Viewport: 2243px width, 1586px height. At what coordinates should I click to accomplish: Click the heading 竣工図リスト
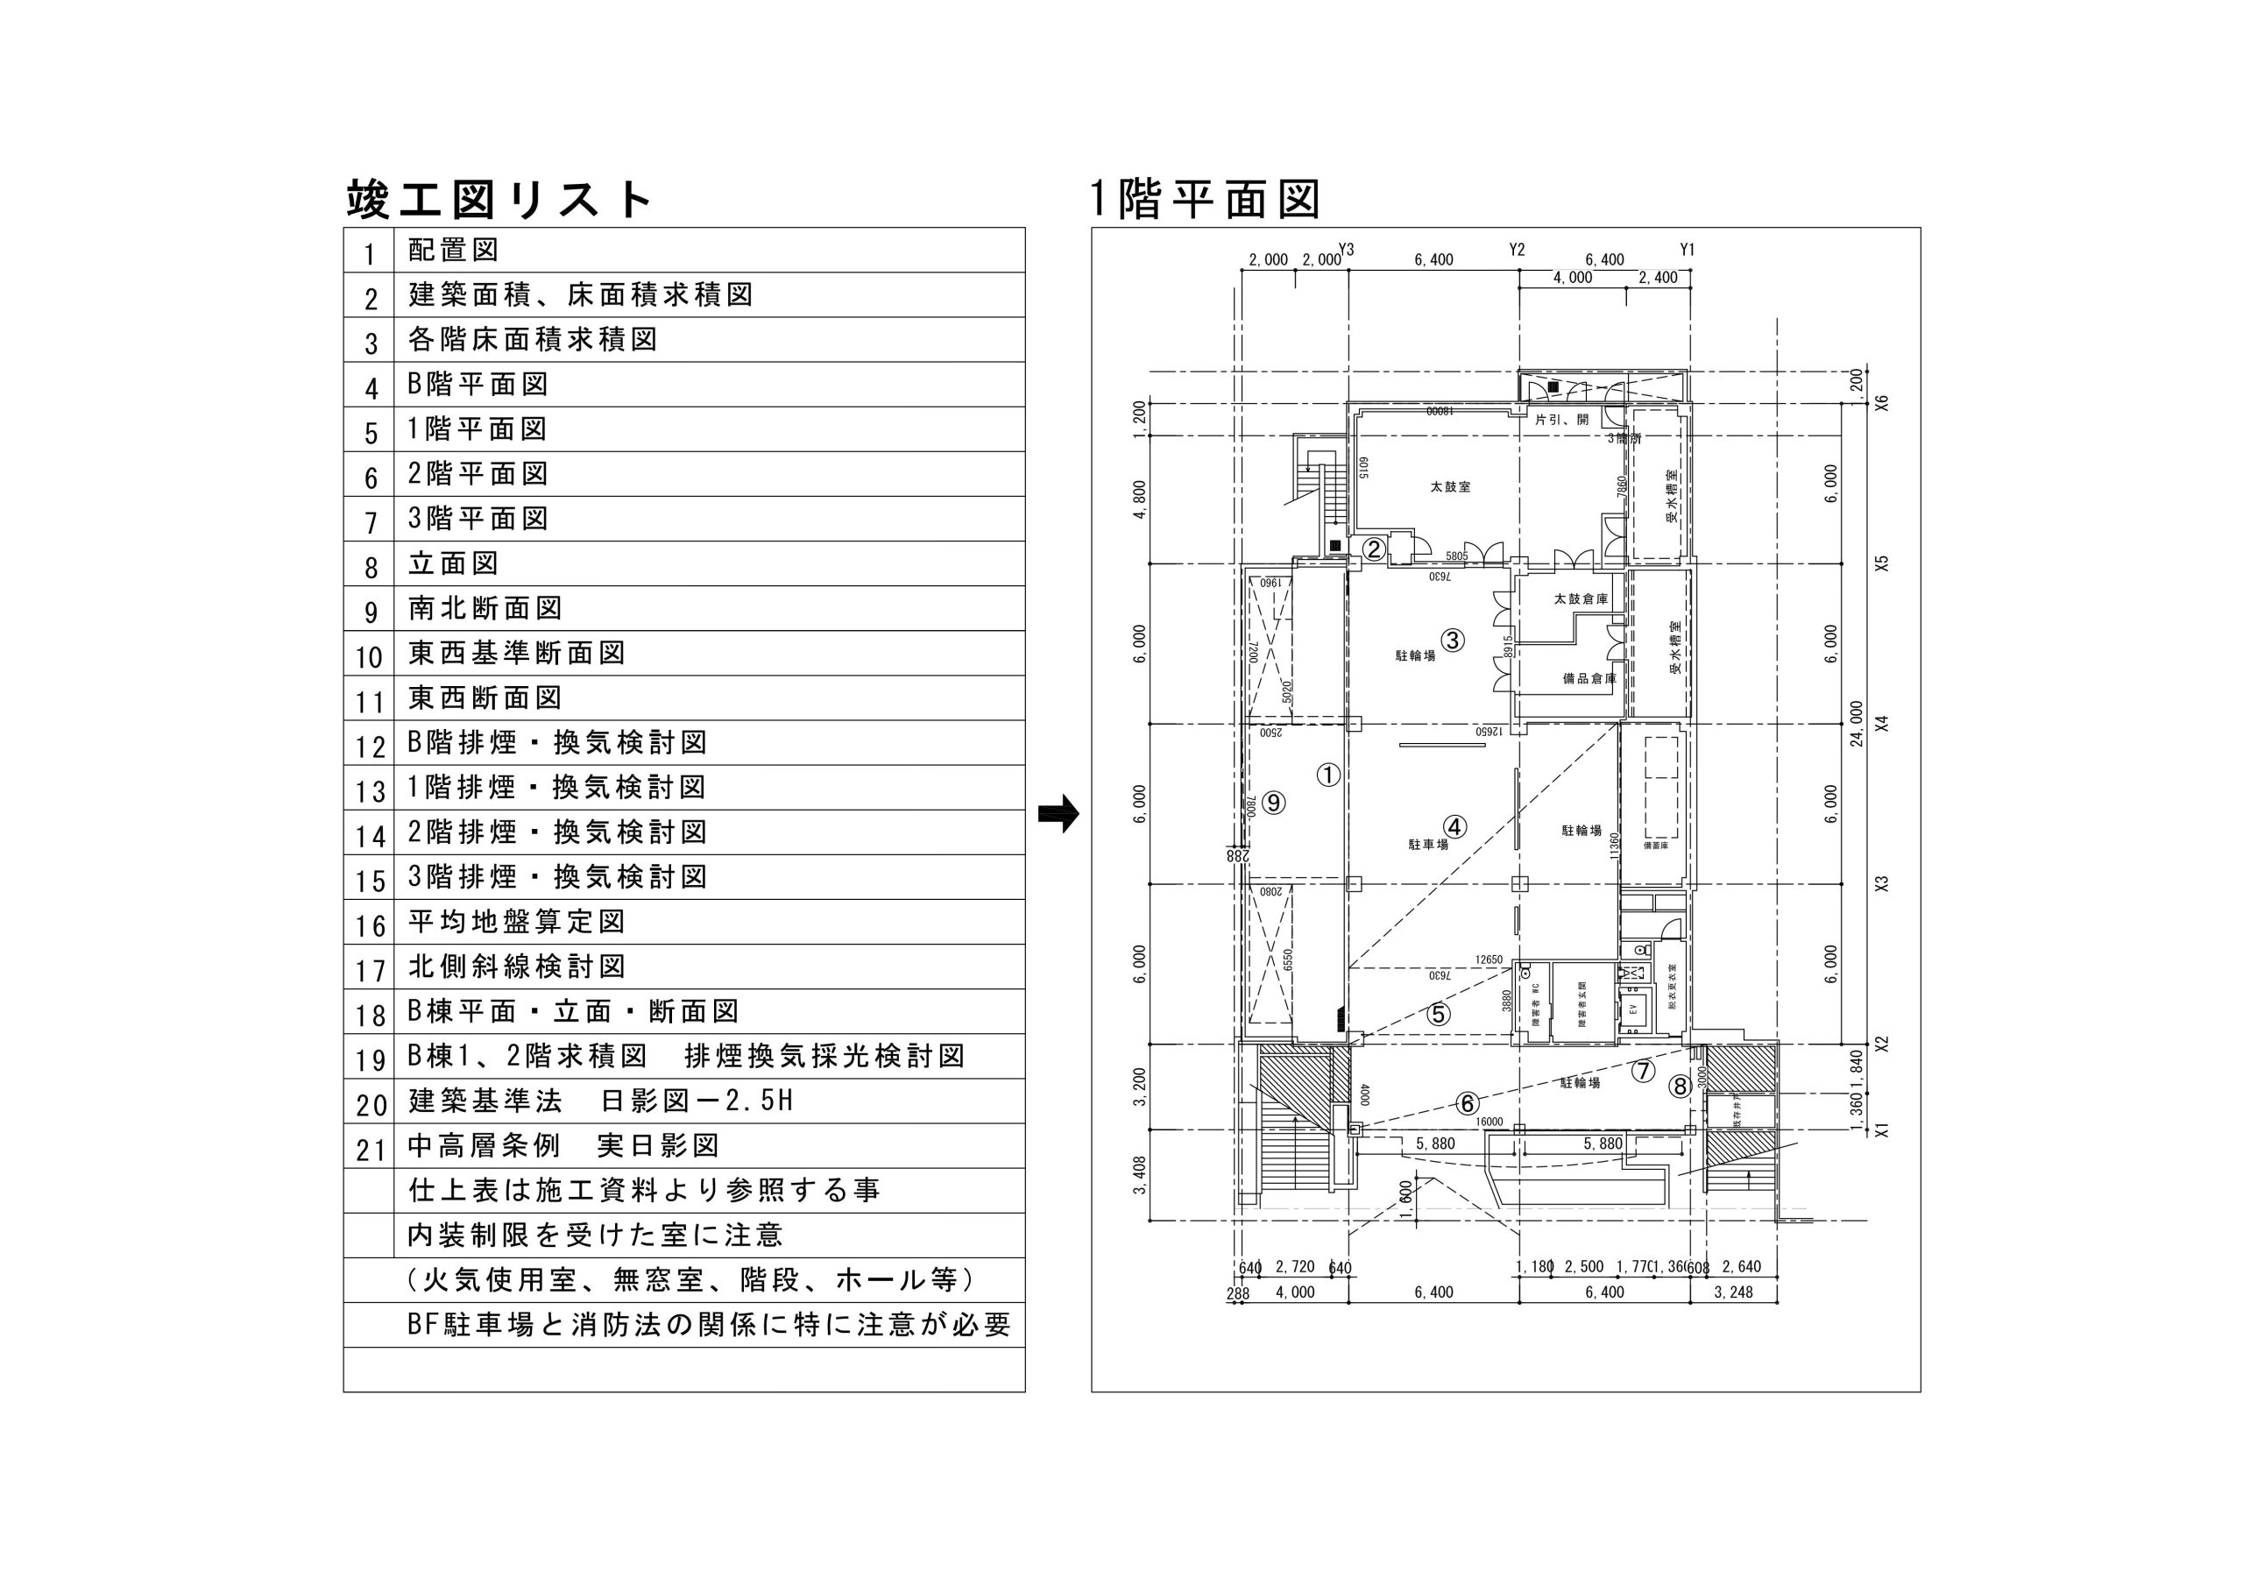point(499,201)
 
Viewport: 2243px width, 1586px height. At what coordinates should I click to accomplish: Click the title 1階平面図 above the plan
point(1206,201)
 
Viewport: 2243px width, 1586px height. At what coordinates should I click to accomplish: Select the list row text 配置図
point(453,250)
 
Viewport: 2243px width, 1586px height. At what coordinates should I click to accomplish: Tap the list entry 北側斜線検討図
point(517,966)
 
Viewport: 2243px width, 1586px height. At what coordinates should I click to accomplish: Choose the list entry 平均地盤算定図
point(517,922)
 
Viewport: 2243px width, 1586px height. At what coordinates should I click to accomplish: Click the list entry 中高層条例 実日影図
point(563,1145)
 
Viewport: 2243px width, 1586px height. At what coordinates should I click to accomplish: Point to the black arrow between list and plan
point(1058,812)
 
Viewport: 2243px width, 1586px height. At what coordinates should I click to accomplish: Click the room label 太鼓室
point(1451,486)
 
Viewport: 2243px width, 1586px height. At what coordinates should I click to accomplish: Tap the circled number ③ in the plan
point(1453,640)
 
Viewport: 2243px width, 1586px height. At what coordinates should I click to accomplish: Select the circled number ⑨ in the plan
point(1273,803)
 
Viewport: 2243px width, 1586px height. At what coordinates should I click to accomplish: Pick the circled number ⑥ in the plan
point(1468,1103)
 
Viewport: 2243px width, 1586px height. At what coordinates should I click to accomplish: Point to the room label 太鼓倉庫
point(1581,599)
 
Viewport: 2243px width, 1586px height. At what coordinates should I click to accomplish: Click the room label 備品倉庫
point(1589,678)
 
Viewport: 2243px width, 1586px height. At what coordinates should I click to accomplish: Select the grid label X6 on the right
point(1883,402)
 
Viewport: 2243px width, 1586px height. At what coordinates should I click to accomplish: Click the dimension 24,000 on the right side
point(1856,723)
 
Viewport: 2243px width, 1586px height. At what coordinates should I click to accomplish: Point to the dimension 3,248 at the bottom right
point(1733,1292)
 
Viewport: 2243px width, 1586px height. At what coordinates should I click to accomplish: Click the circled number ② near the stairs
point(1374,549)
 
